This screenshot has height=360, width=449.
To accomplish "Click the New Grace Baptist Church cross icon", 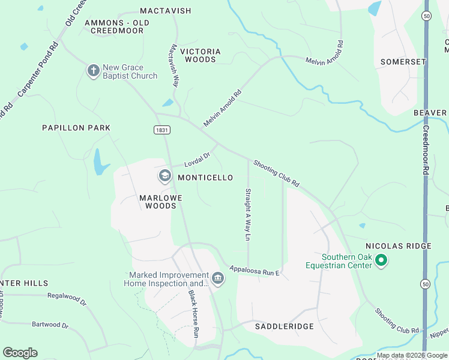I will click(x=93, y=71).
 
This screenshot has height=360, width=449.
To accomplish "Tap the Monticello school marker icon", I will click(x=164, y=176).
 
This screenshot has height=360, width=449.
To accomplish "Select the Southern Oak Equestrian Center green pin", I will click(x=381, y=260).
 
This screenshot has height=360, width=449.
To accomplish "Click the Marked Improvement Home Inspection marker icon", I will click(x=218, y=278).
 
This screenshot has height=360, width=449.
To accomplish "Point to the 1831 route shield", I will click(x=161, y=129).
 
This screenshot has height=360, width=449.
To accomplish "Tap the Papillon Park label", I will click(x=76, y=128).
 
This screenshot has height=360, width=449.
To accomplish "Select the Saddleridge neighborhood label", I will click(x=285, y=326).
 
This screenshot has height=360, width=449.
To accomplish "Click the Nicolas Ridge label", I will click(x=399, y=246).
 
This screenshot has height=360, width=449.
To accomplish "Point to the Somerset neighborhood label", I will click(x=403, y=62).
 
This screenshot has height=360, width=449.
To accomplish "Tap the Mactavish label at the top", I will click(x=165, y=11).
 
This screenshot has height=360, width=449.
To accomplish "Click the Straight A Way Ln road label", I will click(x=247, y=214).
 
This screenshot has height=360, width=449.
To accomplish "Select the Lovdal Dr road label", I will click(x=197, y=160).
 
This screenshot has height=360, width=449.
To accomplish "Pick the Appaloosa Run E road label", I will click(x=254, y=271).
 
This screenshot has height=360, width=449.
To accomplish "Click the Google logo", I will click(x=20, y=353).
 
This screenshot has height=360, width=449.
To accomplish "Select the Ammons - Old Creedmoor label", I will click(x=116, y=26).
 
